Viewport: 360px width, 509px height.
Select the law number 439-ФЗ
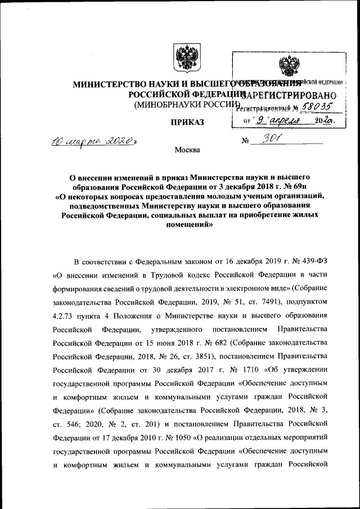pos(314,262)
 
